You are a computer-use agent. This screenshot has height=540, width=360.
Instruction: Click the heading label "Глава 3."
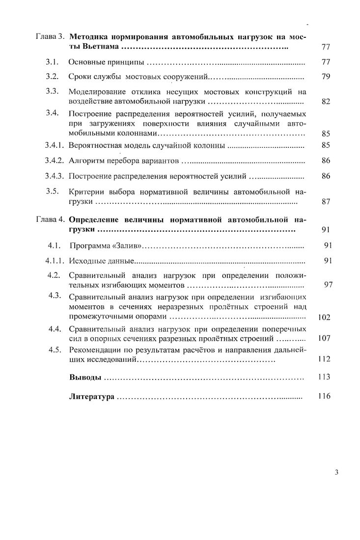(x=50, y=37)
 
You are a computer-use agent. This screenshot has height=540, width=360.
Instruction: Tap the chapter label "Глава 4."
(x=50, y=219)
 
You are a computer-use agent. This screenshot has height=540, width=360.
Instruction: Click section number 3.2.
(x=52, y=77)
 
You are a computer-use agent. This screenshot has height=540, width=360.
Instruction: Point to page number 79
(x=326, y=77)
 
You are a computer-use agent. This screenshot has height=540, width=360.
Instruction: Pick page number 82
(x=326, y=102)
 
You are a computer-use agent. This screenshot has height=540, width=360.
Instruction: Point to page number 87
(x=326, y=201)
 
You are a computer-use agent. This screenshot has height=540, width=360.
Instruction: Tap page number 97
(x=329, y=285)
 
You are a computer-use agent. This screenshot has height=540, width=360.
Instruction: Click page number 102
(x=324, y=317)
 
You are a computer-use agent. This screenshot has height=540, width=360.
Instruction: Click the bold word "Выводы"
(x=85, y=378)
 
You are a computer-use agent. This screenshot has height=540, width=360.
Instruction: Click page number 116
(x=324, y=396)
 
